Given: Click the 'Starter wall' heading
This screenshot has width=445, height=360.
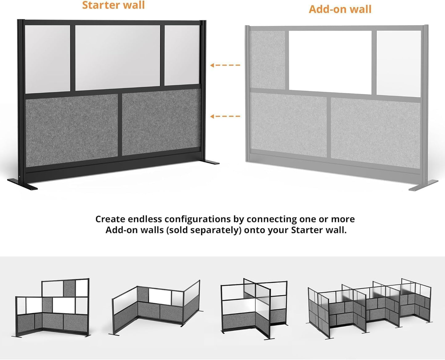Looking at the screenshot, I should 113,5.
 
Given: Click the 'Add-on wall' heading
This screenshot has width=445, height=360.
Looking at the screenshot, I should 340,9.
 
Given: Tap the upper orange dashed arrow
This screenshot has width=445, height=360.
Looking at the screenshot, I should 225,65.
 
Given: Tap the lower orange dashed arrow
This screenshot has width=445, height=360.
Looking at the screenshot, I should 225,116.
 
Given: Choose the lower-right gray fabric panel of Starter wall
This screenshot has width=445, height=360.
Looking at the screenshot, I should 161,122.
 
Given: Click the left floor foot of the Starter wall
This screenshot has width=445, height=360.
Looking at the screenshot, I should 22,184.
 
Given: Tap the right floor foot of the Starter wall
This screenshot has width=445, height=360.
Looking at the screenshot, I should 210,162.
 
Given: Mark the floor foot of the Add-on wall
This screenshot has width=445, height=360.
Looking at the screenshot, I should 423,186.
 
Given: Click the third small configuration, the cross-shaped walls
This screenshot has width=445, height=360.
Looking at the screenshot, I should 254,308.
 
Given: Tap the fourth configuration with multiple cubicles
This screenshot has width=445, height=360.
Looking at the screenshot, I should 370,308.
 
